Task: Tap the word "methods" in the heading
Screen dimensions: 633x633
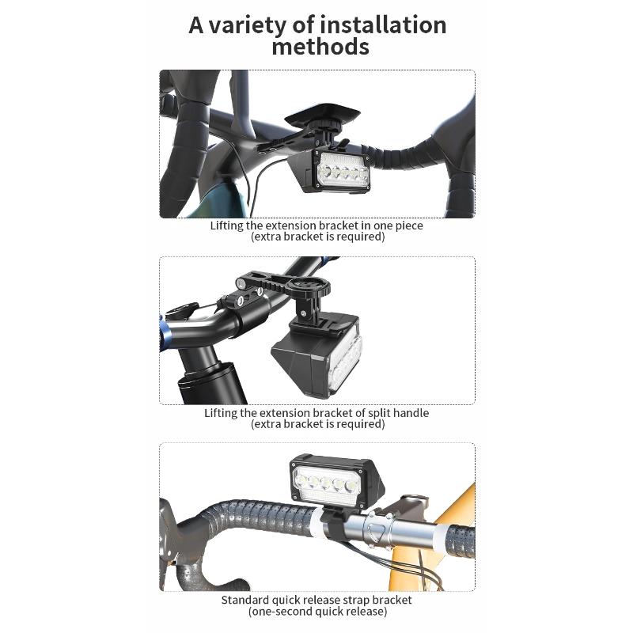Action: pyautogui.click(x=320, y=47)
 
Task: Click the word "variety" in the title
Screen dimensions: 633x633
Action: pyautogui.click(x=247, y=26)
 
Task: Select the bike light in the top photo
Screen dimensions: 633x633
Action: pyautogui.click(x=332, y=170)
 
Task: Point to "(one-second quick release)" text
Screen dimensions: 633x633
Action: pyautogui.click(x=318, y=612)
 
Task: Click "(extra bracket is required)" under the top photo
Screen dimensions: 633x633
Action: pyautogui.click(x=318, y=237)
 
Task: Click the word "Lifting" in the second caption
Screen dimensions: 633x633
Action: pyautogui.click(x=221, y=413)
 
